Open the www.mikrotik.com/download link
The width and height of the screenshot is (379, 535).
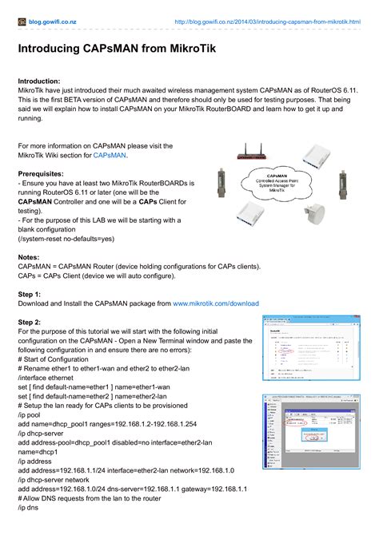tap(216, 303)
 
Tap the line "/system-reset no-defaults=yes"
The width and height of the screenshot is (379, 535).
tap(70, 239)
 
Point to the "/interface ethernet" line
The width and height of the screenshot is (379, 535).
tap(51, 377)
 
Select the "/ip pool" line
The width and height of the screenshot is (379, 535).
tap(33, 414)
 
